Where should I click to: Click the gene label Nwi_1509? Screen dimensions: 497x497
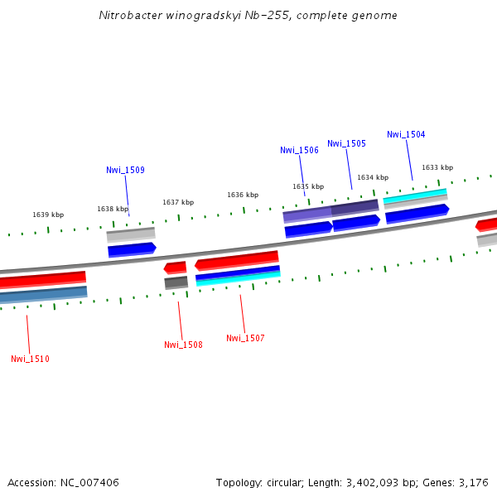tap(125, 170)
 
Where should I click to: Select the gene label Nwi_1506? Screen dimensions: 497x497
tap(299, 150)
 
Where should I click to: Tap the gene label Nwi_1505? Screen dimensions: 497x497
tap(346, 143)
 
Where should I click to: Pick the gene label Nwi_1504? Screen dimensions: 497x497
tap(406, 134)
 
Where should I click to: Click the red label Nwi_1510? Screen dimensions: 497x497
tap(30, 359)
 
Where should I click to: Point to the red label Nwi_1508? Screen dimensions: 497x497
tap(183, 345)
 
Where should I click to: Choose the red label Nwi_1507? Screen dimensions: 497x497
tap(245, 338)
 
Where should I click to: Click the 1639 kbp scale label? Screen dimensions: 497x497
tap(48, 215)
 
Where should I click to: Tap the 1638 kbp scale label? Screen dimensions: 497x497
tap(113, 209)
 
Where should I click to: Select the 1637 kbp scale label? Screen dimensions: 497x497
tap(178, 202)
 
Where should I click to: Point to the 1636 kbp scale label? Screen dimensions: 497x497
tap(243, 195)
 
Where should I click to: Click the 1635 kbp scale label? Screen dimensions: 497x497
tap(308, 186)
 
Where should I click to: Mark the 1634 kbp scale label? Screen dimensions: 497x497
tap(373, 177)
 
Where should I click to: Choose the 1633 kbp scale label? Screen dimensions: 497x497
tap(437, 167)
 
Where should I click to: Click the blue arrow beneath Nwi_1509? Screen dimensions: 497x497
tap(132, 248)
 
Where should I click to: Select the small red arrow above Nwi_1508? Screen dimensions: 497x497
tap(176, 267)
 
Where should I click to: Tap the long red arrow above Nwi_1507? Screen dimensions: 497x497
tap(237, 261)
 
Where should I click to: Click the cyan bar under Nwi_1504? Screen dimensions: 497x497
tap(415, 195)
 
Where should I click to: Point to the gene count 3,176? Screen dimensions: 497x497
tap(474, 482)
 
